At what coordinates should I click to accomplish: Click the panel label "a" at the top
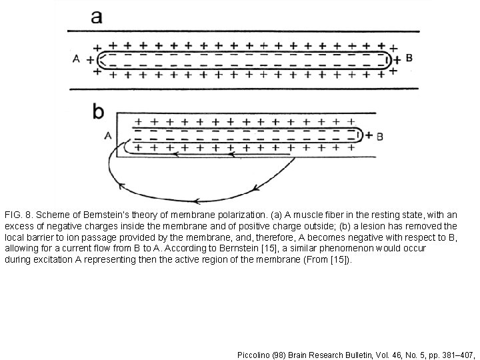97,16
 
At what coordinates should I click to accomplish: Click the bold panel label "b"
99,111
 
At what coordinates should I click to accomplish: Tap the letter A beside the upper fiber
77,59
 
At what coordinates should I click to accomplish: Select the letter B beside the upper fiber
409,58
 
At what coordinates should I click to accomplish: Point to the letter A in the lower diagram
108,137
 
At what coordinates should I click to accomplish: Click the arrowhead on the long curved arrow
195,199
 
